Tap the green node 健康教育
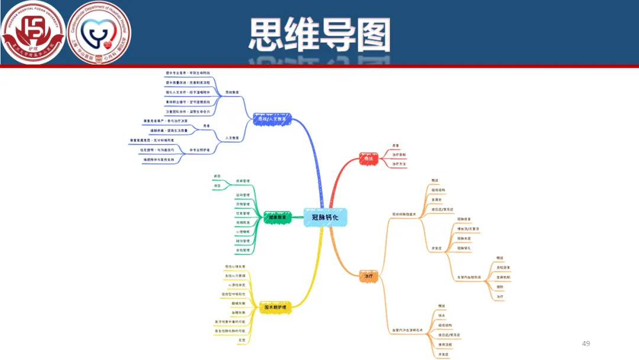[x=277, y=217]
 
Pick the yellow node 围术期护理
[x=275, y=307]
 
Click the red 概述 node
[x=369, y=158]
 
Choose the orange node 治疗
[x=369, y=276]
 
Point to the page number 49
[x=586, y=343]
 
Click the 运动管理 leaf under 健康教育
[x=243, y=195]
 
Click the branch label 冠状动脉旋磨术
[x=405, y=214]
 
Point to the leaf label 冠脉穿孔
[x=464, y=249]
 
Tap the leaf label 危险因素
[x=503, y=268]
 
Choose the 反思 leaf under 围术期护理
[x=241, y=340]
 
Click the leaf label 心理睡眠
[x=243, y=232]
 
